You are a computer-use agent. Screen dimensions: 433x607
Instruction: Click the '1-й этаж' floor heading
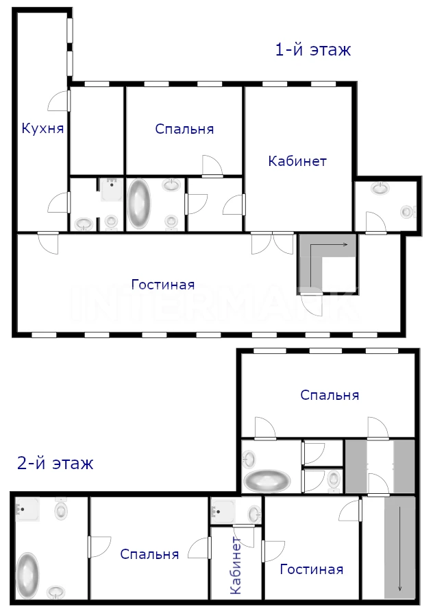[x=313, y=50]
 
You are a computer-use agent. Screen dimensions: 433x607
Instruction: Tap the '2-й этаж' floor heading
[x=55, y=463]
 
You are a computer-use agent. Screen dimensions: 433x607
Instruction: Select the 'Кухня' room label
[x=42, y=128]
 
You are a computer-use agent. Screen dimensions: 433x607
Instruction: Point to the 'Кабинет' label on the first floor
[x=297, y=160]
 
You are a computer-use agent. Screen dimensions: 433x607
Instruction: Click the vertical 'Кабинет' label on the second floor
[x=236, y=565]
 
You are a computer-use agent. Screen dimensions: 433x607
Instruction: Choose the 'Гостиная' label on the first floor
[x=163, y=285]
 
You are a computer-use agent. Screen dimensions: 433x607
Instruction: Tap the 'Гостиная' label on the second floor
[x=312, y=569]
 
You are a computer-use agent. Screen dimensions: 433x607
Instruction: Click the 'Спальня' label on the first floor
[x=184, y=129]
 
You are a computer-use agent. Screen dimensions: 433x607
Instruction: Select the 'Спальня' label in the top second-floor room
[x=330, y=395]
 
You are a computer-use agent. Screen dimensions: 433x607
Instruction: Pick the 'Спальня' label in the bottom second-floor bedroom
[x=149, y=554]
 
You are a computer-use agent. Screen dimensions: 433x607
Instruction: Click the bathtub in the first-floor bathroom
[x=139, y=203]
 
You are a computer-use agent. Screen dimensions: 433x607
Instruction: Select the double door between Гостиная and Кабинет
[x=273, y=243]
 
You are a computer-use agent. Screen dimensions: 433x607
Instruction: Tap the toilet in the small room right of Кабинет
[x=408, y=211]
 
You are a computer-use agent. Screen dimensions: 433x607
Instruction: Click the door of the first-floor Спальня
[x=212, y=167]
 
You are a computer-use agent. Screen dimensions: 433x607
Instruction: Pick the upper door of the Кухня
[x=59, y=100]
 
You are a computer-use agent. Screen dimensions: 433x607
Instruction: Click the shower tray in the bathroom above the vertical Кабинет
[x=223, y=510]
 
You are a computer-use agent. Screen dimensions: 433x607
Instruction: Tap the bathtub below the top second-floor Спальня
[x=267, y=480]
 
